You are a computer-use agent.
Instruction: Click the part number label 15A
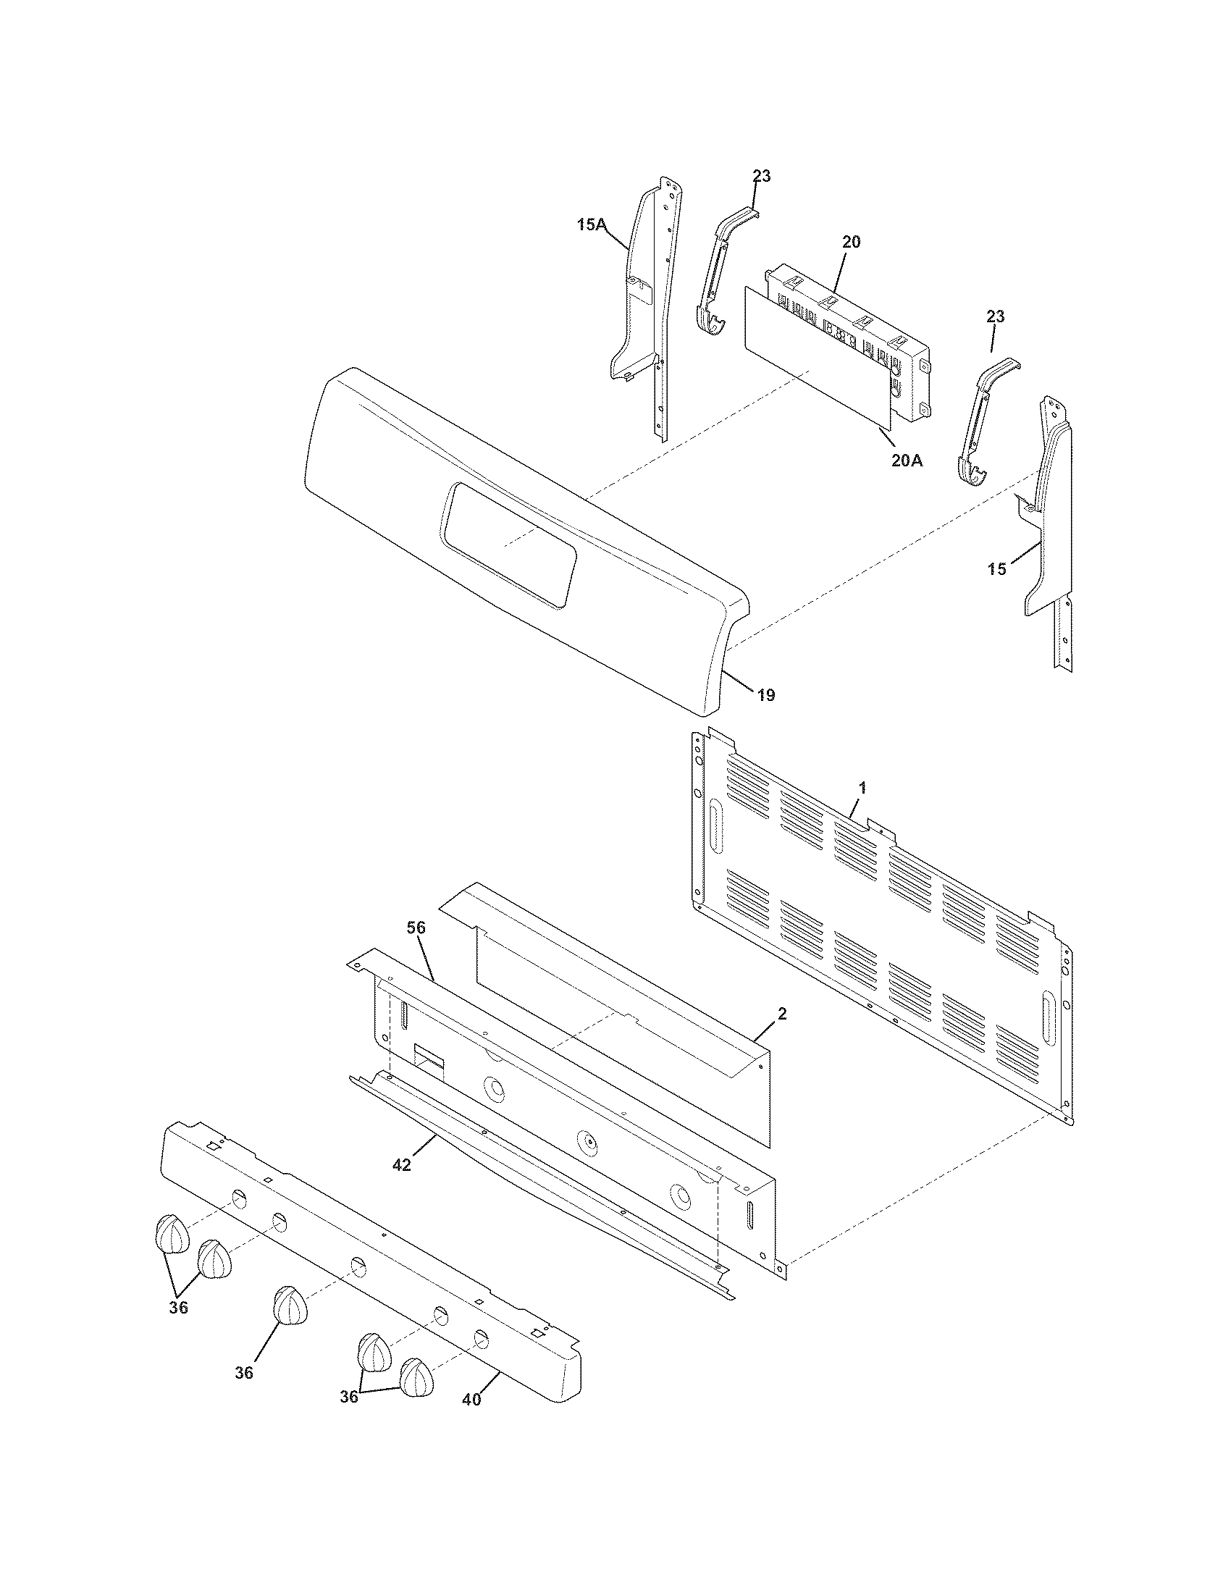point(591,225)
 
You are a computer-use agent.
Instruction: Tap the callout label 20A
point(907,461)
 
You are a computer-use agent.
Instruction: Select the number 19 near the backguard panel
point(765,695)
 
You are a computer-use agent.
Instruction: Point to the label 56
point(416,928)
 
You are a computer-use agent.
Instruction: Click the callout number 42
point(402,1165)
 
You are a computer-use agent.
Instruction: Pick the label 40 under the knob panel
point(472,1400)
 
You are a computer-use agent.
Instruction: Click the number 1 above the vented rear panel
point(862,788)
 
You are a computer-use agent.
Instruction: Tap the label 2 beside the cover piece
point(782,1014)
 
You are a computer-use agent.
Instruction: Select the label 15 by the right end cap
point(997,570)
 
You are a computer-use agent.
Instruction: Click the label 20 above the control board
point(851,242)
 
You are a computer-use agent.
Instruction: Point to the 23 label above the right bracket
point(996,316)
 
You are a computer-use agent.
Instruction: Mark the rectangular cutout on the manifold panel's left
point(429,1057)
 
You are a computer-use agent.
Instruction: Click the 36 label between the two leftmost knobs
point(179,1308)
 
